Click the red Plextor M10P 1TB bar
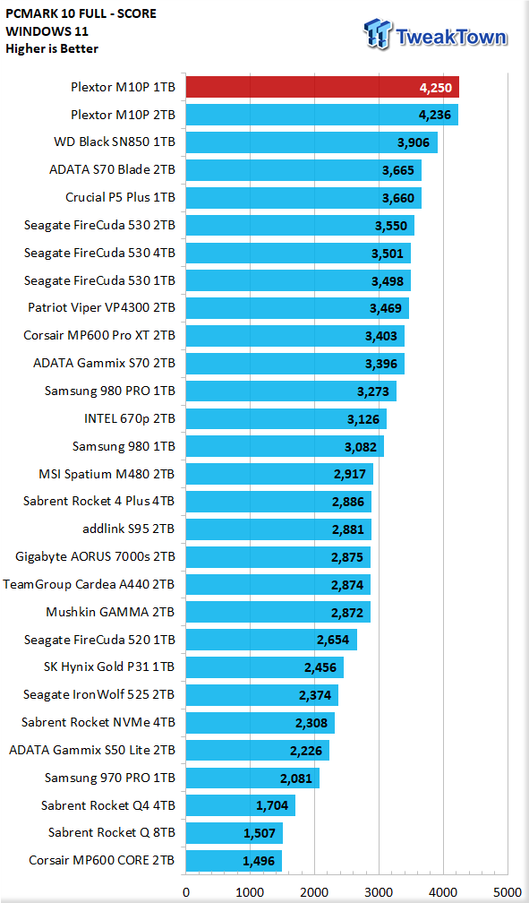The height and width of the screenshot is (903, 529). (x=322, y=88)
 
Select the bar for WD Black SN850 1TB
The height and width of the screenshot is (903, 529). (x=311, y=142)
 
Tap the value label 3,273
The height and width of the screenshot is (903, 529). (x=373, y=391)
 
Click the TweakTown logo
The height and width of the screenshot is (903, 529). (x=435, y=34)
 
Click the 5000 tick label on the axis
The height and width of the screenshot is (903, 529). (x=508, y=891)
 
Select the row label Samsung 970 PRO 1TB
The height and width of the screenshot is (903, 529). (x=110, y=778)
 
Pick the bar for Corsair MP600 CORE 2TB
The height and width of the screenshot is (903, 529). (x=234, y=861)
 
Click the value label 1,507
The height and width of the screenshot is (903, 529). (x=259, y=833)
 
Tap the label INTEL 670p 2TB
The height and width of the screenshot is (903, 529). (x=130, y=418)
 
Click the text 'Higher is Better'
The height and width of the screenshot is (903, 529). (x=52, y=48)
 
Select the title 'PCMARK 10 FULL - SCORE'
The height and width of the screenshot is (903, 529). (x=81, y=13)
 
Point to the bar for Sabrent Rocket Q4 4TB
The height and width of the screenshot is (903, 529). (x=241, y=805)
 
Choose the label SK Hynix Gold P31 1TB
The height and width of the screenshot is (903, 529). (x=109, y=666)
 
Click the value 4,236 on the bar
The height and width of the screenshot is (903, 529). (x=435, y=116)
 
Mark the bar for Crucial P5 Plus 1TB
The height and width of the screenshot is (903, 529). (x=303, y=198)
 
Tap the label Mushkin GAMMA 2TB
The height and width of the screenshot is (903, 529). (x=110, y=612)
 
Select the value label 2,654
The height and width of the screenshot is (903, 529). (x=333, y=640)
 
